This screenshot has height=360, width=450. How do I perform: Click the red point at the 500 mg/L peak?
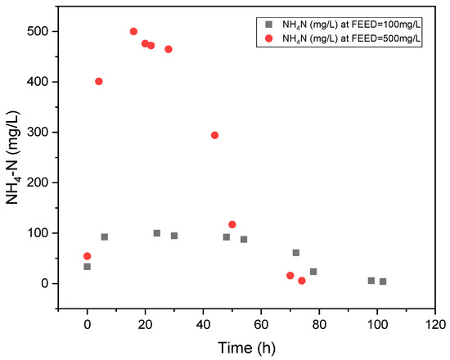click(x=133, y=31)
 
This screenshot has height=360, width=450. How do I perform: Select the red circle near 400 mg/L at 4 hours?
click(x=99, y=81)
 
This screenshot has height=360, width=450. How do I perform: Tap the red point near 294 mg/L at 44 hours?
click(x=214, y=135)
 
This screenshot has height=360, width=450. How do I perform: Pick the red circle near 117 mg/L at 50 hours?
click(x=232, y=224)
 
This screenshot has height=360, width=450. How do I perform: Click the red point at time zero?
click(x=88, y=256)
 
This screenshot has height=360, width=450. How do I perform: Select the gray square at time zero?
click(x=88, y=267)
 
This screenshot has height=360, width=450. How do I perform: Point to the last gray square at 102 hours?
click(x=383, y=281)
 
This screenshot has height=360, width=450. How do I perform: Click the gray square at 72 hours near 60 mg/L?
click(x=296, y=253)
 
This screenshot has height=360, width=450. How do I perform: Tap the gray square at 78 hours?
click(x=313, y=272)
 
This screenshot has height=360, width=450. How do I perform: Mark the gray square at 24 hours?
click(x=157, y=233)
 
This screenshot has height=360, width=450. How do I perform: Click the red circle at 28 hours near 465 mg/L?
click(x=169, y=49)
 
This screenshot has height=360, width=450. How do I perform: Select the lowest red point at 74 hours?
click(x=302, y=281)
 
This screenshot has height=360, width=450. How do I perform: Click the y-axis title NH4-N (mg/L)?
click(x=13, y=160)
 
